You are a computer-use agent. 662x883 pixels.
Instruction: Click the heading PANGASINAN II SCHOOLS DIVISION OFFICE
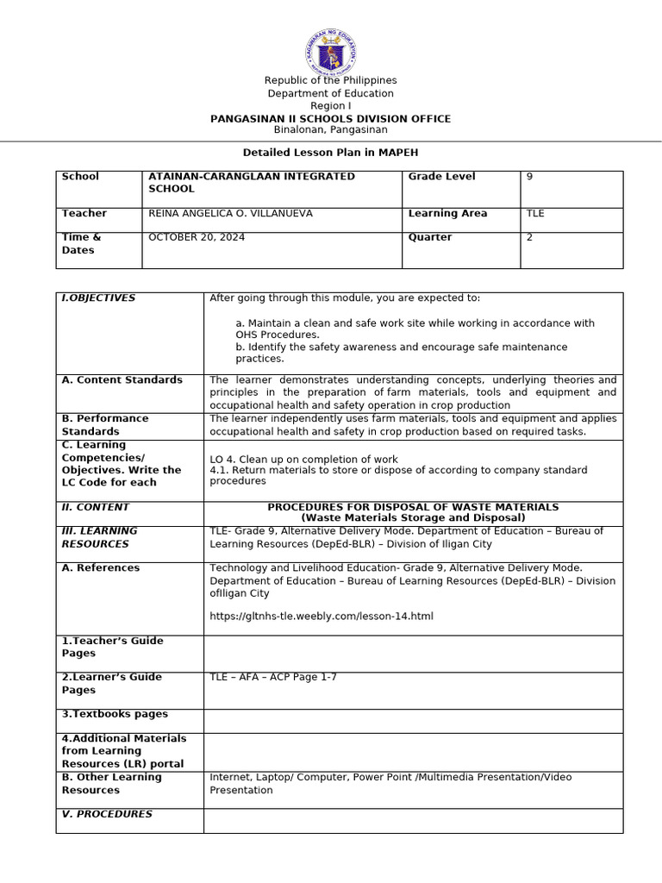coord(331,118)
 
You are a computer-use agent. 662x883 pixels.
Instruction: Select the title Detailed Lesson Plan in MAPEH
coord(331,152)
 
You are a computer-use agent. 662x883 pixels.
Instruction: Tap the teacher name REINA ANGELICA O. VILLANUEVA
coord(230,213)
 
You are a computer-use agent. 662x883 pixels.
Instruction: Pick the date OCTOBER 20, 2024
coord(197,237)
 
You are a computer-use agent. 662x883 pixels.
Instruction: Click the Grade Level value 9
coord(529,176)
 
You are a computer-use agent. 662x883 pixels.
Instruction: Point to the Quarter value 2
coord(529,237)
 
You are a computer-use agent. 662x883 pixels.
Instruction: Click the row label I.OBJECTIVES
coord(98,297)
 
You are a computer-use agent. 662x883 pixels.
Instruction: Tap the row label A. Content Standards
coord(122,379)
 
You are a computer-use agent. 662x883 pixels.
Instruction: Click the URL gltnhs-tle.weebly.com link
coord(322,616)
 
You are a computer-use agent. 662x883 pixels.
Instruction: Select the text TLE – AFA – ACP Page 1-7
coord(273,677)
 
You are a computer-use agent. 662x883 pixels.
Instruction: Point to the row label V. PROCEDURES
coord(107,814)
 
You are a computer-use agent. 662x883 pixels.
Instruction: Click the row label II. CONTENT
coord(95,507)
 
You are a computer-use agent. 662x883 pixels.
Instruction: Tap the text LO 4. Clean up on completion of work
coord(303,459)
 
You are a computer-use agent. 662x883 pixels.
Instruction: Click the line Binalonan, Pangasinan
coord(331,129)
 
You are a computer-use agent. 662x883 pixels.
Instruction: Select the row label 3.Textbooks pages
coord(115,714)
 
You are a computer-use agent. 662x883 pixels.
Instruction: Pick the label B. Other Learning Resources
coord(111,783)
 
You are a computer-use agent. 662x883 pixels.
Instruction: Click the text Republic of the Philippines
coord(331,80)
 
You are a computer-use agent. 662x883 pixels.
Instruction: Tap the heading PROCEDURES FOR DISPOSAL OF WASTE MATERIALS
coord(413,507)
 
